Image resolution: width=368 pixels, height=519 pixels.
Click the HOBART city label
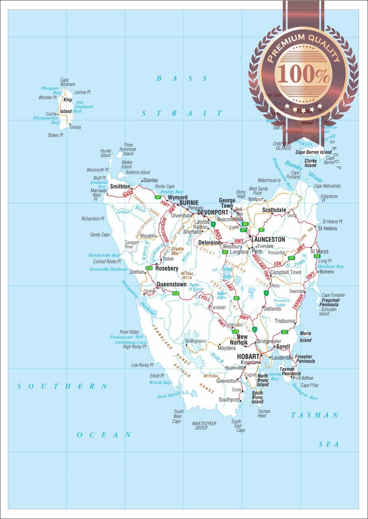point(248,356)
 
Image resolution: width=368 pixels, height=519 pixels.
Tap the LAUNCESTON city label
point(268,239)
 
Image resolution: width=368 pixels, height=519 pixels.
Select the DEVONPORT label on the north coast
point(213,212)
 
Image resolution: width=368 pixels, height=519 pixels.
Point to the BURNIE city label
point(189,202)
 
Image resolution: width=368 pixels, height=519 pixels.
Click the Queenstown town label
point(171,284)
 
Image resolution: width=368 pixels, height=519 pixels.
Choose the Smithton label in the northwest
point(120,186)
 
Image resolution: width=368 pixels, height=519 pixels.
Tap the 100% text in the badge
point(303,74)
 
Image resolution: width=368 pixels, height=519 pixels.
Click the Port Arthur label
point(303,378)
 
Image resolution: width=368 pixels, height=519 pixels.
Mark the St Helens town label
point(327,228)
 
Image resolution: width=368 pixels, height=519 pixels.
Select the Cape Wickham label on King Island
point(67,82)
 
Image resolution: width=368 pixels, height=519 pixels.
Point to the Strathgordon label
point(195,341)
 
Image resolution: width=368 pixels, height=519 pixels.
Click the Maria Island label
point(305,337)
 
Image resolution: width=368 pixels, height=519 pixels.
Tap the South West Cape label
point(178,416)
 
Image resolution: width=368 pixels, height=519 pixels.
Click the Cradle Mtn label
point(177,251)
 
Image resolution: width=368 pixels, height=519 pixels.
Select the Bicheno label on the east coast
point(326,272)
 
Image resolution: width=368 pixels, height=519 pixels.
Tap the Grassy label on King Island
point(75,127)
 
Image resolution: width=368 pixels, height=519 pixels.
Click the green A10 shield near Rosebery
point(149,268)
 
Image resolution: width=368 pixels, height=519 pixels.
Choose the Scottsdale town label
point(274,210)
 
